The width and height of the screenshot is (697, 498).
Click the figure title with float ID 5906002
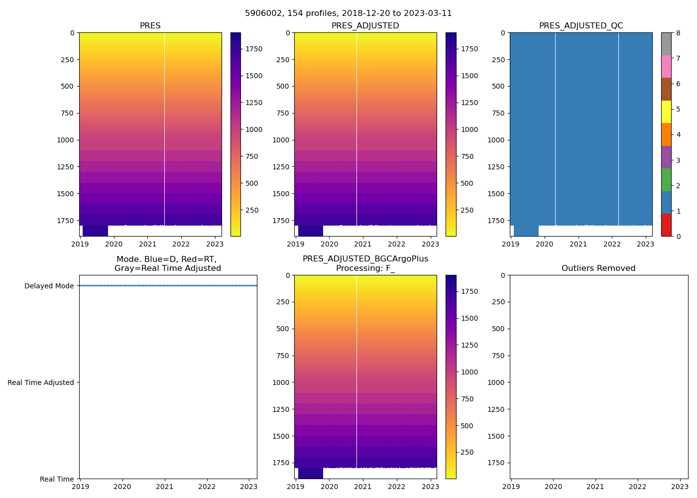[x=348, y=13]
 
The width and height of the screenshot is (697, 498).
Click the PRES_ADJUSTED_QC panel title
[x=581, y=26]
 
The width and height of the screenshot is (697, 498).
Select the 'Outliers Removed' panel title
[x=598, y=268]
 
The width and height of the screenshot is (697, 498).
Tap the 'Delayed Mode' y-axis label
[x=49, y=286]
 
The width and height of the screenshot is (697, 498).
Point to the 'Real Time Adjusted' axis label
[x=41, y=383]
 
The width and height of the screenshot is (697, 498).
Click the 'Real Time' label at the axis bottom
[x=57, y=480]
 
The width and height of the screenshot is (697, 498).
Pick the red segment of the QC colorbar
[x=666, y=225]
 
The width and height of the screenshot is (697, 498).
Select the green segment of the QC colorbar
[x=666, y=180]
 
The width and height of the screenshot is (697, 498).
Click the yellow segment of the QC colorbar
[x=666, y=112]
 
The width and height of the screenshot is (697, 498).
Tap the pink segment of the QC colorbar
[x=666, y=67]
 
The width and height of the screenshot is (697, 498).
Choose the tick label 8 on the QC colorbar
[x=678, y=33]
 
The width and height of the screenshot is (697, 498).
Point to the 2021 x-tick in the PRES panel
[x=147, y=245]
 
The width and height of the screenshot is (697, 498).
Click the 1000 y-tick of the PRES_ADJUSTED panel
[x=281, y=140]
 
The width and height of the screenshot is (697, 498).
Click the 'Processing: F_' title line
[x=365, y=268]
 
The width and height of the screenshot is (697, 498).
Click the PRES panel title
[x=150, y=26]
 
